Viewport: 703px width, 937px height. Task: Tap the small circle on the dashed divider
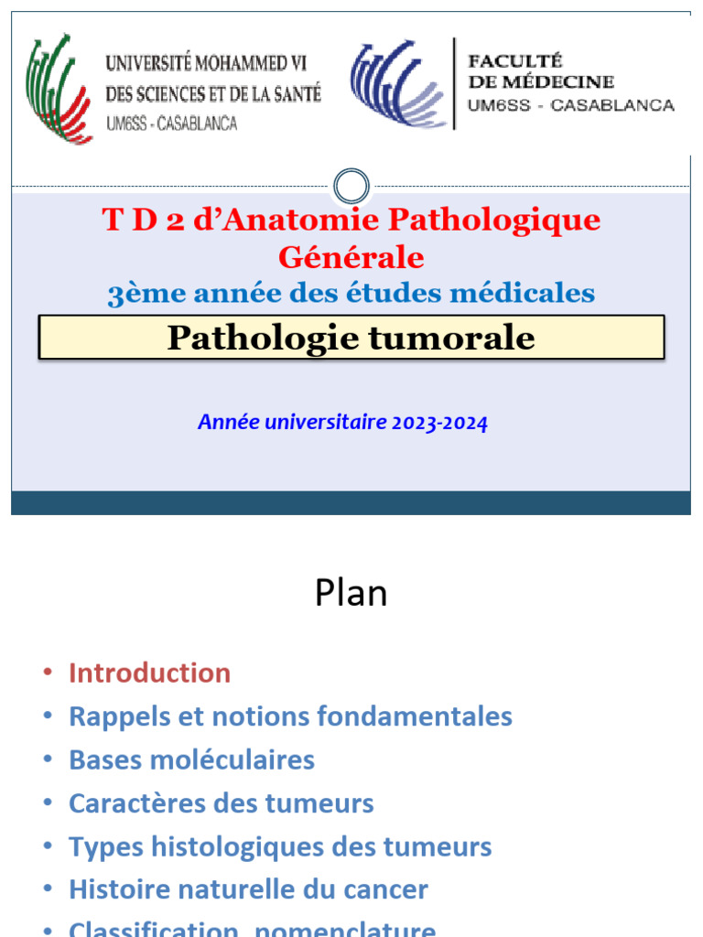point(351,187)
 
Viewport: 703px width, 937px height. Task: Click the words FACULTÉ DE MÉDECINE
point(541,71)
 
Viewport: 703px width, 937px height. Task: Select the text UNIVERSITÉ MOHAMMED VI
point(206,64)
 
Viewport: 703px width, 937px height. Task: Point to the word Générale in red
point(351,257)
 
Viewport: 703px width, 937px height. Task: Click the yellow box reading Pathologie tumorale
point(351,338)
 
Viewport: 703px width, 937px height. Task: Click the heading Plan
point(351,593)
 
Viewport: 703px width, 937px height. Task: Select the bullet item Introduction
point(149,673)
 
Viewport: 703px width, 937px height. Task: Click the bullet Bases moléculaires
point(191,759)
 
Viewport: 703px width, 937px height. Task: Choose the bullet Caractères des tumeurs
point(221,803)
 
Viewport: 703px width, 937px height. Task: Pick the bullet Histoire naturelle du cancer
point(248,889)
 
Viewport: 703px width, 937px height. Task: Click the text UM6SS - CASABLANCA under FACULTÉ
point(570,105)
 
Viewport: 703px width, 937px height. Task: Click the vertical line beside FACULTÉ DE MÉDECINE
point(454,84)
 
